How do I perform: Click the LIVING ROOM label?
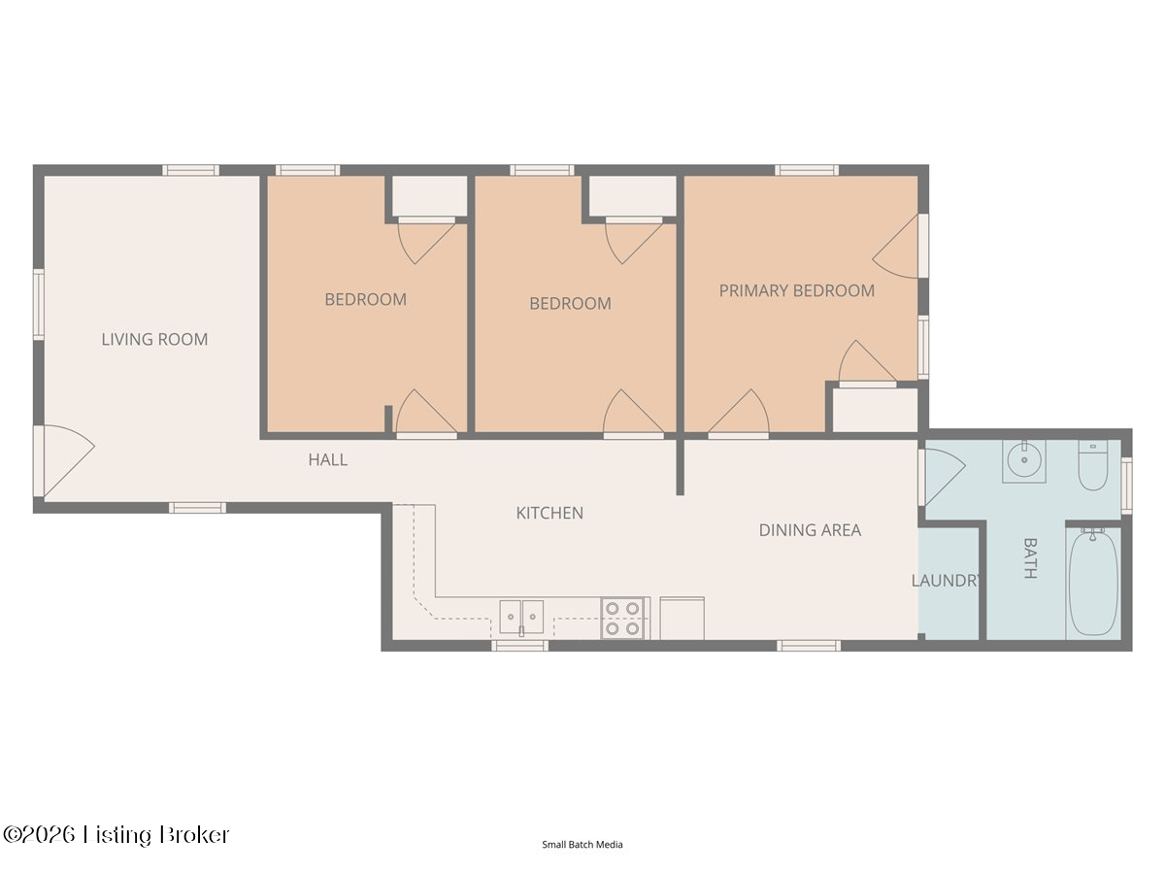point(154,339)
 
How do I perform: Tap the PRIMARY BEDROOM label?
point(797,290)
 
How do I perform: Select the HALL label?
point(328,459)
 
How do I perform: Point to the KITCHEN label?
point(549,513)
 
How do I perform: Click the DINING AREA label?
point(810,529)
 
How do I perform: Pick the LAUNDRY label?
point(946,581)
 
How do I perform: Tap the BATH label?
point(1030,557)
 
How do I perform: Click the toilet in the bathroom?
point(1093,465)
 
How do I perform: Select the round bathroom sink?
point(1024,461)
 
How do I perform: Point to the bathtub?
point(1093,584)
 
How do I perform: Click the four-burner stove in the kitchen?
point(622,619)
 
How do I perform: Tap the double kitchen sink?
point(521,618)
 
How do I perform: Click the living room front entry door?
point(64,460)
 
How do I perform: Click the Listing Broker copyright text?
point(116,835)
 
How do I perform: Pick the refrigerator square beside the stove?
point(682,619)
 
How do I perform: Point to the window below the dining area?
point(809,646)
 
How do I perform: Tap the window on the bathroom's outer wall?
point(1126,486)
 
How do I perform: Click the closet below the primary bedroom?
point(875,410)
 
